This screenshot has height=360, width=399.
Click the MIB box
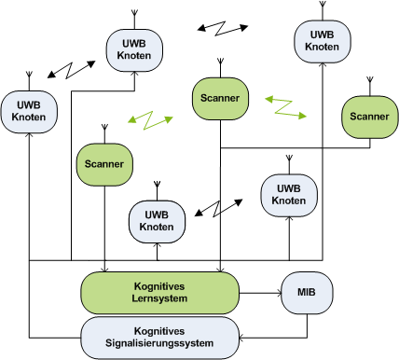pyautogui.click(x=307, y=293)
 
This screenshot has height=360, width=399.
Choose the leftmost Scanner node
pyautogui.click(x=102, y=164)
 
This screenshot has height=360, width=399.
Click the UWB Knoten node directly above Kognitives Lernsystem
pyautogui.click(x=156, y=220)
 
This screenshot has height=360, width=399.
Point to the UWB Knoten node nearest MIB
pyautogui.click(x=288, y=194)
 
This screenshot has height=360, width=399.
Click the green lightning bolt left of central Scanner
pyautogui.click(x=152, y=120)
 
